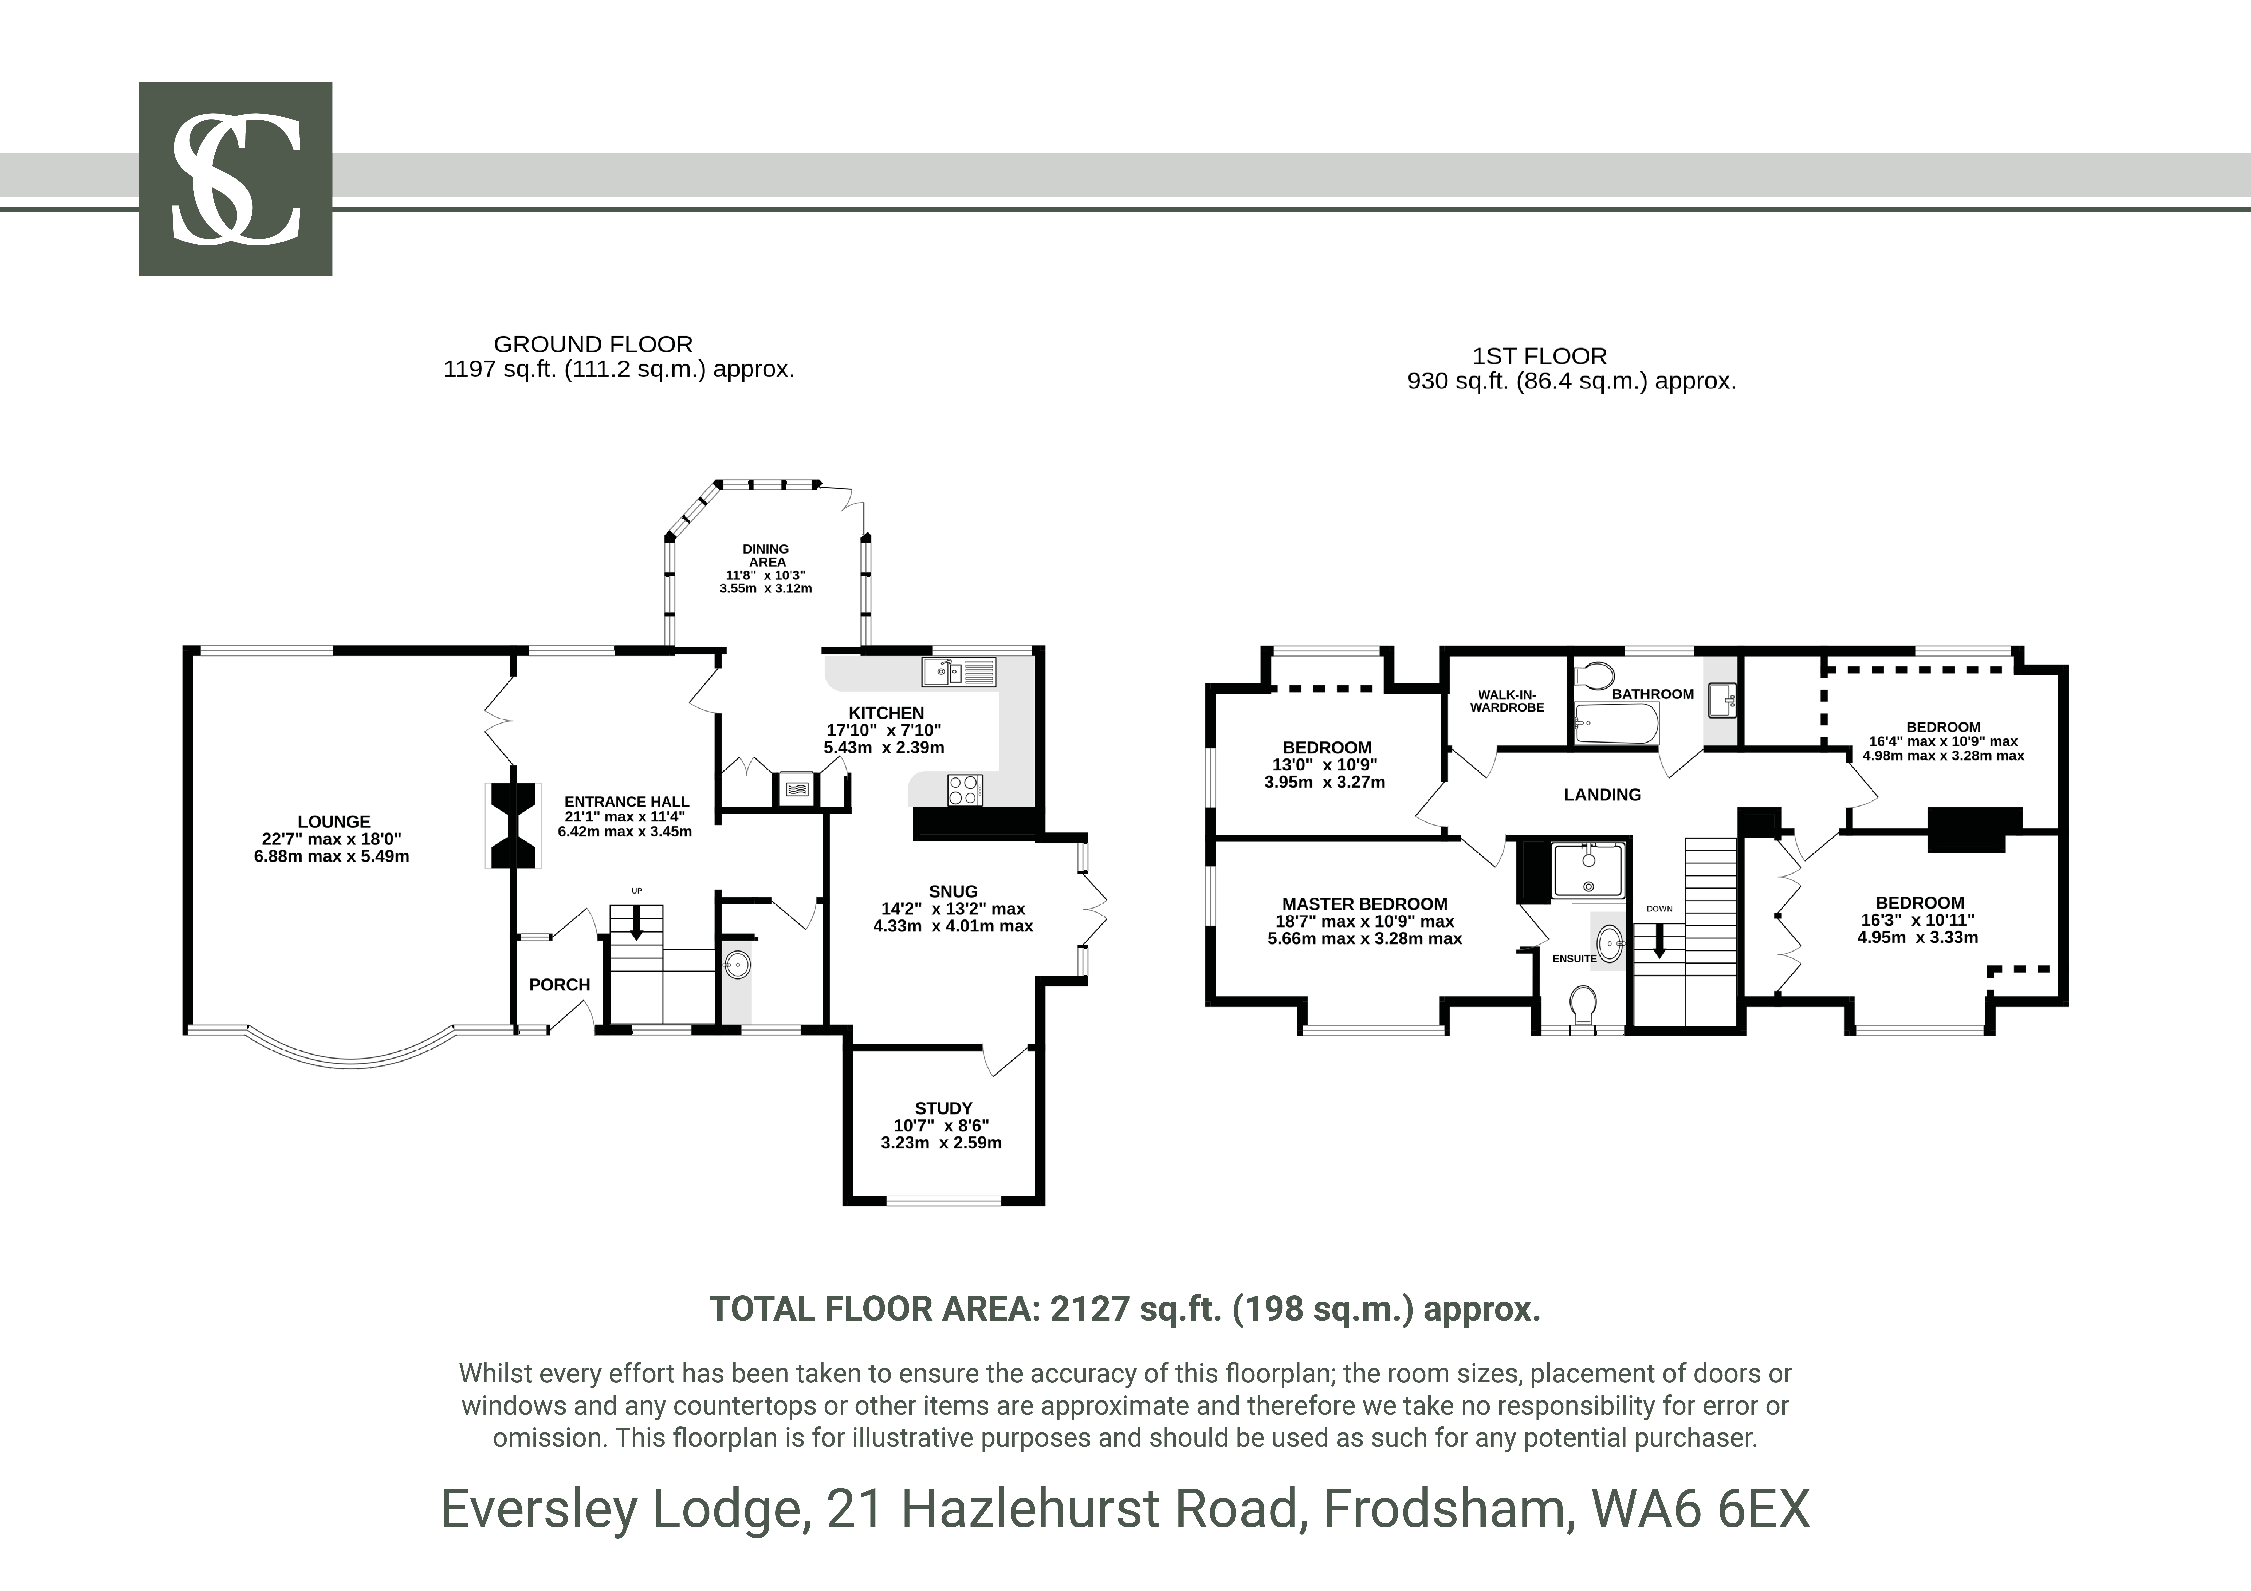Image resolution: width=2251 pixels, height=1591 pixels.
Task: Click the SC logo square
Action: click(x=235, y=178)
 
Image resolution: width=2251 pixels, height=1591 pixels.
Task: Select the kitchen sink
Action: click(x=958, y=671)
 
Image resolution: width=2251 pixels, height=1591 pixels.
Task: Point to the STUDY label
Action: click(x=943, y=1108)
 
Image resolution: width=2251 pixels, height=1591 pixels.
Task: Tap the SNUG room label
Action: click(x=953, y=891)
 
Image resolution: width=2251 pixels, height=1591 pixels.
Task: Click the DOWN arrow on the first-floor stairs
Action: click(x=1660, y=941)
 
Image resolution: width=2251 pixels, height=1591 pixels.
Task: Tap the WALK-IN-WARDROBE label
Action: click(x=1507, y=701)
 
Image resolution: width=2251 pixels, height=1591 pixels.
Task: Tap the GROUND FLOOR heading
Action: click(x=593, y=344)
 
